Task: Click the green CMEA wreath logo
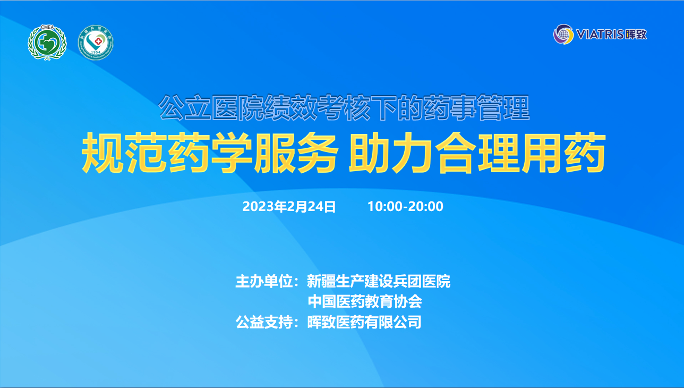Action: (47, 43)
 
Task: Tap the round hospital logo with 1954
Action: (96, 43)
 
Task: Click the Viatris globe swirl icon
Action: (563, 34)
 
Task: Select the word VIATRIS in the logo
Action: (600, 34)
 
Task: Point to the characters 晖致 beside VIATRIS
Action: (636, 34)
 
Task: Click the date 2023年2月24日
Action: (289, 207)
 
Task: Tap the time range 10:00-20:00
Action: (405, 207)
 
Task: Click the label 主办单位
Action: (264, 281)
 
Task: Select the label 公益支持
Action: (264, 322)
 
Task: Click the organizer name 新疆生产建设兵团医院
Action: (378, 281)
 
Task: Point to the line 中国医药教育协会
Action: (365, 301)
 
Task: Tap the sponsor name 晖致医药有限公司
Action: (364, 322)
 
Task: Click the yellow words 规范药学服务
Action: (210, 153)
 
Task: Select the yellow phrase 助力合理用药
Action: (477, 153)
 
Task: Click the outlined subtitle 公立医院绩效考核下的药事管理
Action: (344, 107)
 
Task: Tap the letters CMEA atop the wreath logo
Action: (47, 27)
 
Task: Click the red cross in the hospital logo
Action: (98, 41)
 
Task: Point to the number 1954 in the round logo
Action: (96, 52)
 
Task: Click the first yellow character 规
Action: (102, 153)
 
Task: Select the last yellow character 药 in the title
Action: (585, 153)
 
